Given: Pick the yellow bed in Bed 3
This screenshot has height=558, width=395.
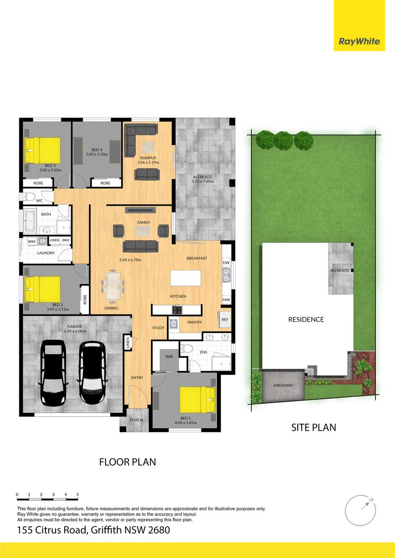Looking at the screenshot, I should point(42,149).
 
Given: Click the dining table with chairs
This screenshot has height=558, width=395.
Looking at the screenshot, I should point(113,286).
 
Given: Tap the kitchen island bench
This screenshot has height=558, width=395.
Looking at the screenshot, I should point(186,278).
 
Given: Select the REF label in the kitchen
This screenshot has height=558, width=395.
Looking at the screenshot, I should point(225,320).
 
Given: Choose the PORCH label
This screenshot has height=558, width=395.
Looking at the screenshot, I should point(136,420).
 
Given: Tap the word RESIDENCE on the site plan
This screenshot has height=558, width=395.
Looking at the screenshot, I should point(306,319).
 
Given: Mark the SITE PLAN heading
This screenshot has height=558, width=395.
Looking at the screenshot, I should point(314,427).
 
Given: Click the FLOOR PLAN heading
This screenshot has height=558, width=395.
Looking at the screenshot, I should point(128,462).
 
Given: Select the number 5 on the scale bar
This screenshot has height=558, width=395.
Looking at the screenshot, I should point(78,494).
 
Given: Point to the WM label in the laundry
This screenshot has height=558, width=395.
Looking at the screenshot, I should point(32,241).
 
